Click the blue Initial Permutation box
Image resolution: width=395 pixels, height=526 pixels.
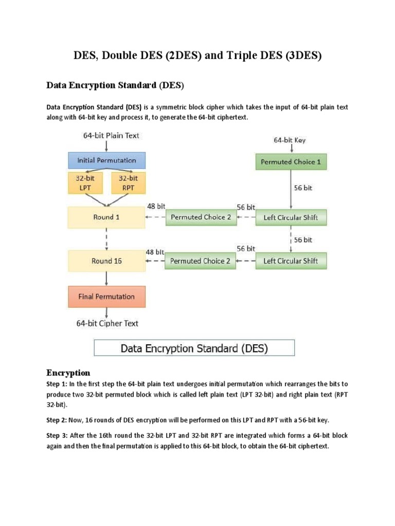(107, 161)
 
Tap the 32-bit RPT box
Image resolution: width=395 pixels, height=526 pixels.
(129, 183)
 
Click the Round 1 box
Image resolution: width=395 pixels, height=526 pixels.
(107, 217)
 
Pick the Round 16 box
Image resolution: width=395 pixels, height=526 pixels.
(107, 261)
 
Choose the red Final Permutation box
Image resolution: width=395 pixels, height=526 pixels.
(107, 296)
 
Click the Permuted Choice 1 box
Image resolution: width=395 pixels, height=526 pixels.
(291, 162)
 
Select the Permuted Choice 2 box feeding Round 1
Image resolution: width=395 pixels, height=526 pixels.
(201, 217)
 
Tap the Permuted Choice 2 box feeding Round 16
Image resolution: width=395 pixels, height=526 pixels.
(200, 261)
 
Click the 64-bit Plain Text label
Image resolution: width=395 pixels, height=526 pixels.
(111, 136)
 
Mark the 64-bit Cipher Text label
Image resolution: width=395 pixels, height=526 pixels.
(107, 324)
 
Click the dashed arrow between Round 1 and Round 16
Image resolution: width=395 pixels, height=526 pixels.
(107, 239)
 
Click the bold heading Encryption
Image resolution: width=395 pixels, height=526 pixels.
(68, 373)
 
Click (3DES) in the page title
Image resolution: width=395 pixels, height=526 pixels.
(302, 56)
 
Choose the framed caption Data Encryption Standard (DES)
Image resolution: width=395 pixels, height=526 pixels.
(194, 348)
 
